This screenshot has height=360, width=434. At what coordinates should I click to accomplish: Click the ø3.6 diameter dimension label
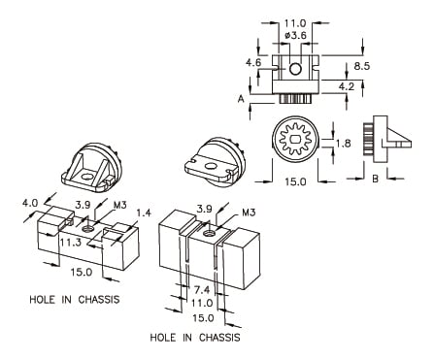point(296,35)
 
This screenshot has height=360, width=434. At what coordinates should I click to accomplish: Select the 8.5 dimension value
point(361,66)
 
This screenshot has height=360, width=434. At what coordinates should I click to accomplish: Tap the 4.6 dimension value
point(253,62)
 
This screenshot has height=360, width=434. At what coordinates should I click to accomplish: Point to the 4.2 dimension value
point(347,86)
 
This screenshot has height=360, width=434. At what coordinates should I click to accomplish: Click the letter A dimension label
point(241,99)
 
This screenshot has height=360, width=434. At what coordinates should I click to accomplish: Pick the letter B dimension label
point(375,179)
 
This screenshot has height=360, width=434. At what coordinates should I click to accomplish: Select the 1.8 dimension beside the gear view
point(343,144)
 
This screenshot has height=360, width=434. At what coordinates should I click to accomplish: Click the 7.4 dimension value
point(202,290)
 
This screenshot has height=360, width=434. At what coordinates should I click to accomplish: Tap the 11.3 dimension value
point(70,243)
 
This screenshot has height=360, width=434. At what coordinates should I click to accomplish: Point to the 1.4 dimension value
point(144,213)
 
